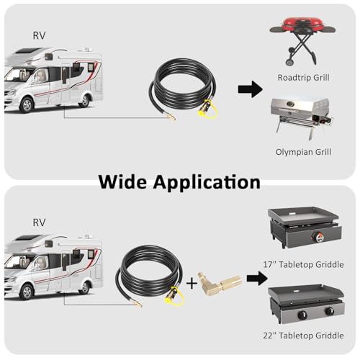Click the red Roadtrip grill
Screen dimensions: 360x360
point(302,41)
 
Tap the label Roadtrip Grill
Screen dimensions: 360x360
point(303,78)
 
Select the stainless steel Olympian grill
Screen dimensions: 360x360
point(302,118)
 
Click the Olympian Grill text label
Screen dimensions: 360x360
point(303,152)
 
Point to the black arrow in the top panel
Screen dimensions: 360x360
point(250,89)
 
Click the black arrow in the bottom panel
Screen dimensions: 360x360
point(257,279)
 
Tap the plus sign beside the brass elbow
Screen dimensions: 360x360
point(192,284)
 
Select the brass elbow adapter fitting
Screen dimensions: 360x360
point(219,284)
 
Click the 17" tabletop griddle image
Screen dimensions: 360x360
point(305,227)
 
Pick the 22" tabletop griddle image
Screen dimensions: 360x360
point(306,304)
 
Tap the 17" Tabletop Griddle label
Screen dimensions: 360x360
point(303,264)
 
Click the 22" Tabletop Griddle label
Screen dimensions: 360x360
point(303,336)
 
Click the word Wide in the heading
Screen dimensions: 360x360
point(122,182)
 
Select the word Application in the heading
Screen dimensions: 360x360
point(207,183)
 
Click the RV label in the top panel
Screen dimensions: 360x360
point(39,35)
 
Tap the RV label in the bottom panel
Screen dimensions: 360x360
point(39,222)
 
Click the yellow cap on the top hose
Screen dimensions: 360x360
point(208,111)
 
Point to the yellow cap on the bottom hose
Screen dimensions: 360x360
point(175,298)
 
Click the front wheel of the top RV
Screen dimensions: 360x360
point(27,105)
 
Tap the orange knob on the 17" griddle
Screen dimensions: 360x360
point(315,237)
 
